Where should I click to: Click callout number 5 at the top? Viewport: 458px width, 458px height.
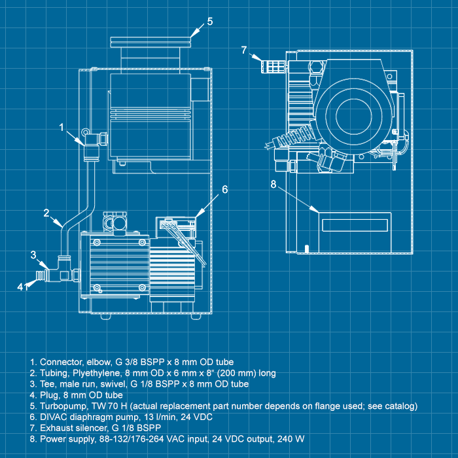tap(209, 21)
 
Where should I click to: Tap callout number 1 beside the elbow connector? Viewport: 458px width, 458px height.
tap(62, 128)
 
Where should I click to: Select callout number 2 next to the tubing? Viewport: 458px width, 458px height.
tap(47, 213)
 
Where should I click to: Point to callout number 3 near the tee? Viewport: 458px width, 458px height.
tap(33, 255)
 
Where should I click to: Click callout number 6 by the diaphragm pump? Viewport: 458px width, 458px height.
tap(224, 190)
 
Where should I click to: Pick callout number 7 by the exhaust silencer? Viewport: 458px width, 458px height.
tap(243, 49)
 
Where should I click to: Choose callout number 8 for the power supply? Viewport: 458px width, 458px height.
tap(273, 184)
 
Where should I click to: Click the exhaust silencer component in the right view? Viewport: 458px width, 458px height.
tap(271, 66)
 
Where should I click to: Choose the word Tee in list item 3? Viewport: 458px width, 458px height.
tap(48, 384)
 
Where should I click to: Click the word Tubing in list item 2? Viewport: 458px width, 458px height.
tap(54, 373)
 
